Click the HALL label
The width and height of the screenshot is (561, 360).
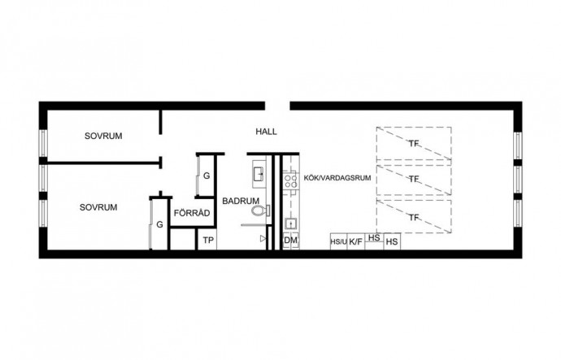click(266, 132)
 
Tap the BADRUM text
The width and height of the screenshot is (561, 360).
click(241, 201)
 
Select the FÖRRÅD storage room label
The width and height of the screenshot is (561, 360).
click(192, 213)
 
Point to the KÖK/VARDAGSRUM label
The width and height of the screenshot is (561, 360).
click(337, 178)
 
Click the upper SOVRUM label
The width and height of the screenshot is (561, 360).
click(103, 136)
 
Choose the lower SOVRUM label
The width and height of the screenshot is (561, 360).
click(98, 207)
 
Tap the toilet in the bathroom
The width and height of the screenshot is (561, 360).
click(260, 210)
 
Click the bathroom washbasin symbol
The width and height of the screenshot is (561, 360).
click(259, 174)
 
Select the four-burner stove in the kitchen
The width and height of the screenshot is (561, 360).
click(290, 180)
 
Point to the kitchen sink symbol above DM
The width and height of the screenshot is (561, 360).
click(290, 224)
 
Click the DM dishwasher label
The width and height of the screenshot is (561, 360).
click(290, 241)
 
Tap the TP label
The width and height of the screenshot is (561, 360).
click(208, 241)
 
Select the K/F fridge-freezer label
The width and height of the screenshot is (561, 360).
click(355, 242)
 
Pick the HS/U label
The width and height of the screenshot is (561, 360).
click(338, 242)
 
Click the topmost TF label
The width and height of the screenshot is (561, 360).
click(414, 144)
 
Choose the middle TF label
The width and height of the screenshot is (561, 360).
click(414, 179)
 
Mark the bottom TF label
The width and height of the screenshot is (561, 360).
click(414, 217)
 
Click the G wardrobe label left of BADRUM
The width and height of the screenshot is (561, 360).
click(207, 176)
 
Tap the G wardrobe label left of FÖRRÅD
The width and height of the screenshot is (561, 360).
click(159, 224)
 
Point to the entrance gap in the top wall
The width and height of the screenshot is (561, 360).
click(277, 106)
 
